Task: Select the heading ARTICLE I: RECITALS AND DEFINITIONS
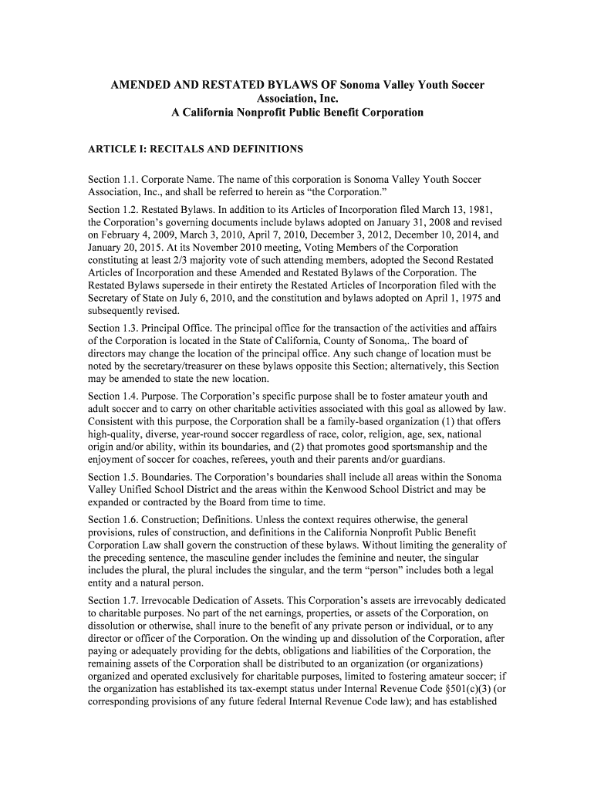196,148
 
